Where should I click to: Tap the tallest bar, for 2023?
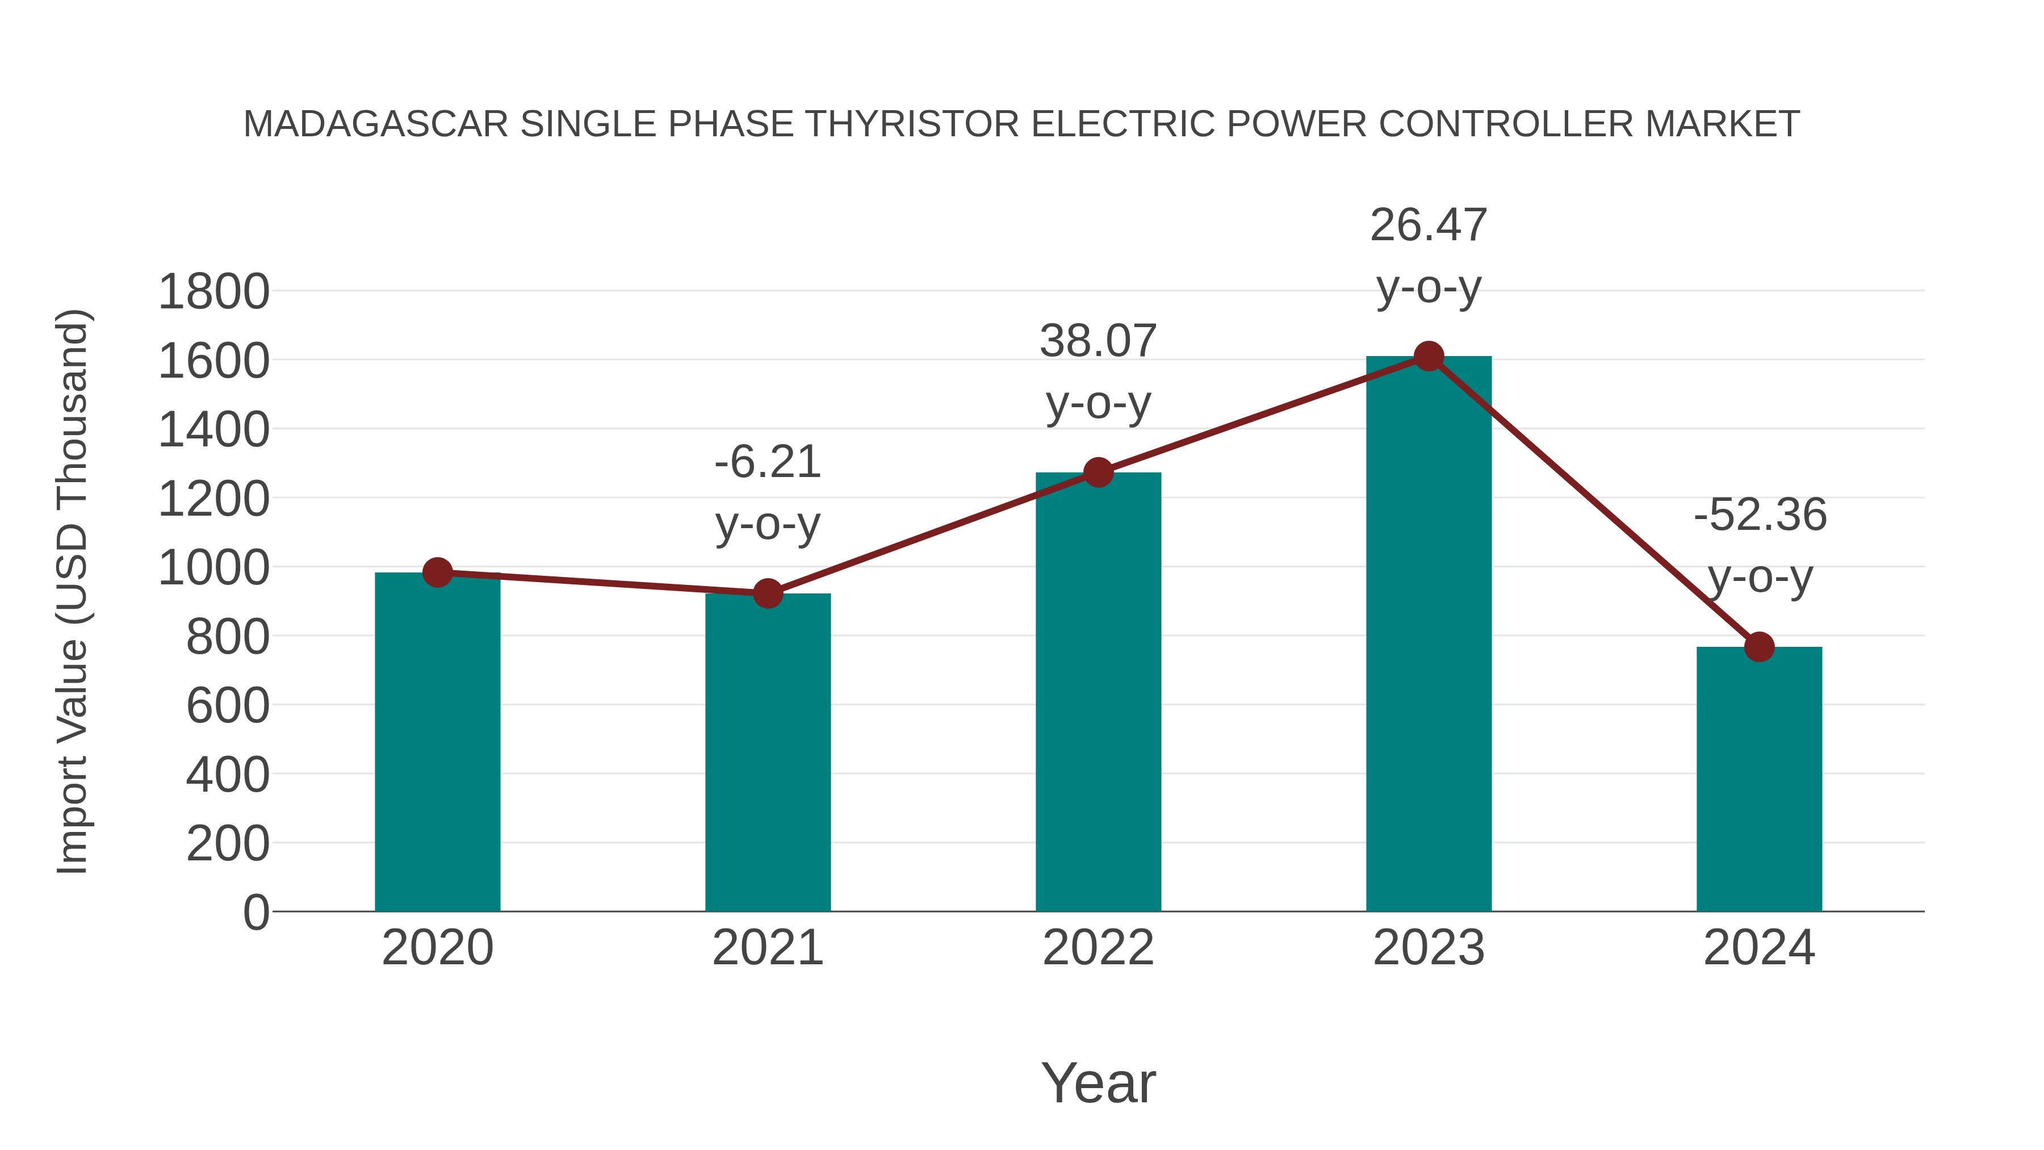(x=1429, y=634)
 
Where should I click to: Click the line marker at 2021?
(x=767, y=593)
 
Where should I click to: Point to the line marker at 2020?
(x=437, y=572)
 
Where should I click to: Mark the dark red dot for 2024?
(x=1759, y=647)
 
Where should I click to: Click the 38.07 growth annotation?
(x=1098, y=341)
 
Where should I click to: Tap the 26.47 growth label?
(x=1429, y=225)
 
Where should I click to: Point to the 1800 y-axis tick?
(x=213, y=291)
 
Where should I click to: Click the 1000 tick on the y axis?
(x=213, y=567)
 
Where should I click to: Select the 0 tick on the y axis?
(x=256, y=912)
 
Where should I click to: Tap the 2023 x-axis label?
(x=1429, y=948)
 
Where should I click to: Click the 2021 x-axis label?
(x=767, y=948)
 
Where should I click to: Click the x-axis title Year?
(x=1098, y=1082)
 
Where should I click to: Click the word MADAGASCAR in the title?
(x=375, y=124)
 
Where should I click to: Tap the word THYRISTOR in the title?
(x=912, y=124)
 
